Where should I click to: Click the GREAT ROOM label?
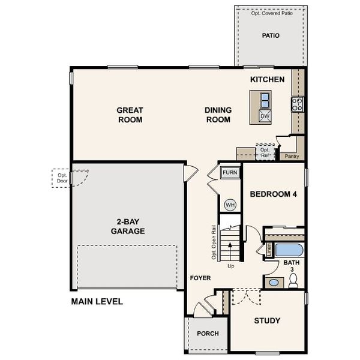tap(130, 115)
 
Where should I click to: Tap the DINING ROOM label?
tap(218, 115)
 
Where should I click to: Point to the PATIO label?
tap(271, 35)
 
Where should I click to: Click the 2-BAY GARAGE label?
tap(128, 226)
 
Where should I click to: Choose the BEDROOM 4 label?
tap(273, 194)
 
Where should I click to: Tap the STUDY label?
tap(267, 320)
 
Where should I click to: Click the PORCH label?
tap(208, 334)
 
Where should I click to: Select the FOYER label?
tap(200, 278)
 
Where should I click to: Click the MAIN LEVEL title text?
tap(97, 301)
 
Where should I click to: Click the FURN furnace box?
tap(230, 173)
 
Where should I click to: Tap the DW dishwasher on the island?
tap(265, 115)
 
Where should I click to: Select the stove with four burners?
tap(297, 104)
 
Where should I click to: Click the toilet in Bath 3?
tap(293, 281)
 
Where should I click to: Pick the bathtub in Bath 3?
tap(284, 250)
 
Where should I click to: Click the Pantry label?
tap(292, 156)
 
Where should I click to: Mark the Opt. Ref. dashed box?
tap(265, 152)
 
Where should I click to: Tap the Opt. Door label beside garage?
tap(62, 178)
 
